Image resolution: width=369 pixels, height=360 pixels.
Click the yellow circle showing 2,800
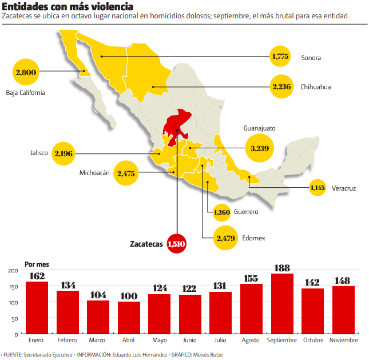[26, 72]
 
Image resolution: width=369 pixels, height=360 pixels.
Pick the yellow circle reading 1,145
[318, 188]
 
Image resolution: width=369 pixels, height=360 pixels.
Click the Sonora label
[311, 57]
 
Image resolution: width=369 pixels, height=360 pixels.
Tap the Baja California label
[25, 92]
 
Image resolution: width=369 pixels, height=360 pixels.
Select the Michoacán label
[94, 173]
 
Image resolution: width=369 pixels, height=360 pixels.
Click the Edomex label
[253, 238]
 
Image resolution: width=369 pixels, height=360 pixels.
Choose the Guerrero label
[247, 212]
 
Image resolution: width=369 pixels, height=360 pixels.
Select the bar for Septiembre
[282, 303]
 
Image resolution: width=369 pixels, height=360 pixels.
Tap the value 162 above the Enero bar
[37, 276]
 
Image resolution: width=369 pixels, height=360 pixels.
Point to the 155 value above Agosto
[251, 279]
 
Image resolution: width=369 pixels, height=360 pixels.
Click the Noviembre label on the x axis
[343, 341]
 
